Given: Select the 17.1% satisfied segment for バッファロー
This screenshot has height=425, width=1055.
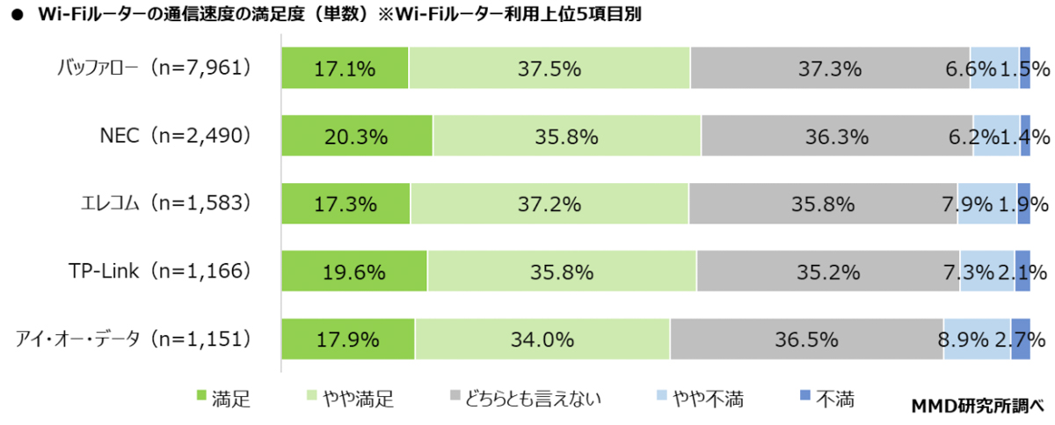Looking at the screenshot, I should pyautogui.click(x=345, y=68).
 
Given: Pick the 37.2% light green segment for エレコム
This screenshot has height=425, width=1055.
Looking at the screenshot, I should pyautogui.click(x=549, y=204).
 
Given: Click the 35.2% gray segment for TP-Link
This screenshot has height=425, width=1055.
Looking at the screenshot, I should pyautogui.click(x=826, y=272).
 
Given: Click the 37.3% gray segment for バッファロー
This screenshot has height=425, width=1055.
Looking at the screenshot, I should pyautogui.click(x=829, y=68).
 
